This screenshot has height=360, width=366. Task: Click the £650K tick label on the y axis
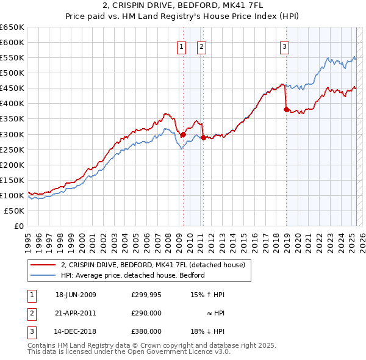[12, 27]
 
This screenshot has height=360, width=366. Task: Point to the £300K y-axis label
[12, 134]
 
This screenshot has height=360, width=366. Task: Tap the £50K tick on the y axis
[15, 211]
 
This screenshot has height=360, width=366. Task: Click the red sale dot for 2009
[183, 134]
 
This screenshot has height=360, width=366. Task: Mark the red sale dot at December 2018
[286, 109]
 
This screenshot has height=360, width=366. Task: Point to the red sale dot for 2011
[203, 137]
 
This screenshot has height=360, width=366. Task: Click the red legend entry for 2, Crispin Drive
[152, 265]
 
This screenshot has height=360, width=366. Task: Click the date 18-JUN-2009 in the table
[76, 295]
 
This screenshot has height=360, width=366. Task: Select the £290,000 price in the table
[146, 313]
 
